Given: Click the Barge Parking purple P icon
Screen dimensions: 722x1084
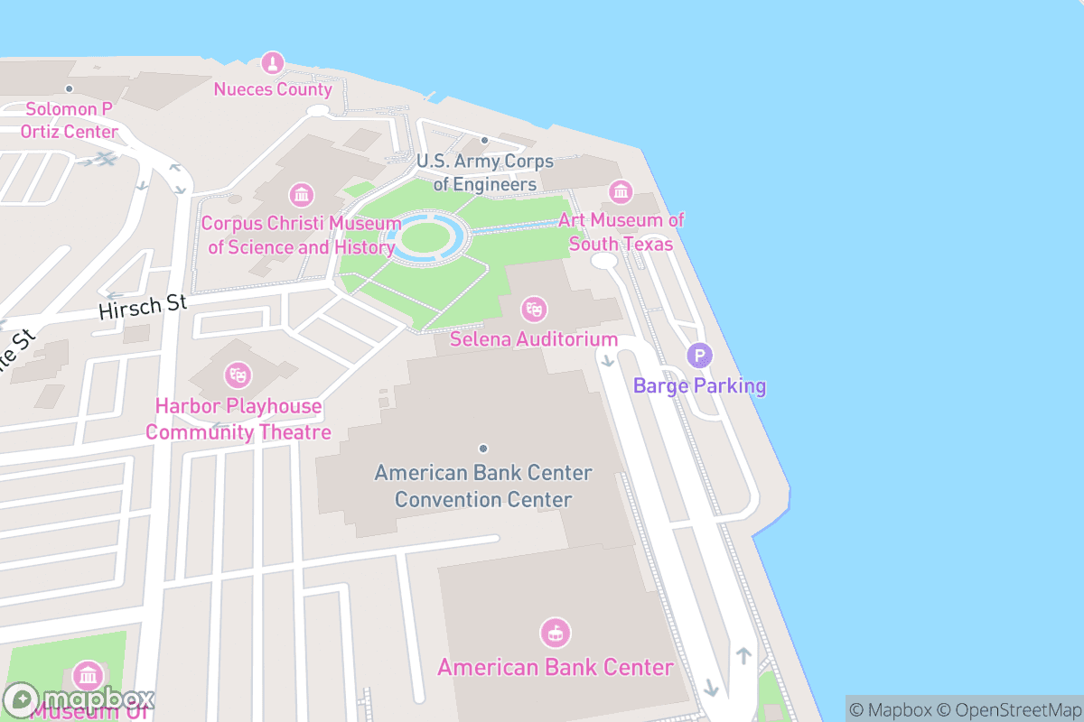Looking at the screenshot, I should pyautogui.click(x=699, y=356).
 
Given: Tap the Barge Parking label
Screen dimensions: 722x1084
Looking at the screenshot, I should pyautogui.click(x=699, y=386).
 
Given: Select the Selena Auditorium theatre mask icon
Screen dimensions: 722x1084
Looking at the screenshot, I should pyautogui.click(x=534, y=310).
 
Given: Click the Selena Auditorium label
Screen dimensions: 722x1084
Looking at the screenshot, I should pyautogui.click(x=534, y=340).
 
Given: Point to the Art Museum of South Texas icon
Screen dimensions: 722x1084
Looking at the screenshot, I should pyautogui.click(x=621, y=191).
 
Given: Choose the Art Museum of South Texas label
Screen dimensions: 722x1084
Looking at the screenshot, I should pyautogui.click(x=621, y=232).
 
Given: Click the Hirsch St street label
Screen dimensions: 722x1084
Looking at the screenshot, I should pyautogui.click(x=142, y=307).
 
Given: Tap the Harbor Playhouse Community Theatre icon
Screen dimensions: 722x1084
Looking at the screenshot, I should pyautogui.click(x=238, y=373).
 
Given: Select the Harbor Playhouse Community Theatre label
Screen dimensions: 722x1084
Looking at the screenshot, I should pyautogui.click(x=238, y=420).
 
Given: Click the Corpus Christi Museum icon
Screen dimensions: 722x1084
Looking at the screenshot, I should pyautogui.click(x=301, y=194).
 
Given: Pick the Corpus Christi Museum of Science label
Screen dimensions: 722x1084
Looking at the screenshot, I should pyautogui.click(x=301, y=235).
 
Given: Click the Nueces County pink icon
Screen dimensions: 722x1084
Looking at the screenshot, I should pyautogui.click(x=272, y=63).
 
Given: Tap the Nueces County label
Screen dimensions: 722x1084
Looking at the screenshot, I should pyautogui.click(x=273, y=89).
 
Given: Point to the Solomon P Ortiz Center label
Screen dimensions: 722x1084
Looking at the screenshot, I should pyautogui.click(x=70, y=121).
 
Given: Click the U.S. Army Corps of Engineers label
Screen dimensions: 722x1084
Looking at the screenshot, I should pyautogui.click(x=484, y=172).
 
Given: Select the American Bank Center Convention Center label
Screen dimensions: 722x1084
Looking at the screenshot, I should pyautogui.click(x=483, y=486).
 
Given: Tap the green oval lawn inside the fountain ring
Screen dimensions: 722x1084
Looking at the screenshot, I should pyautogui.click(x=425, y=238).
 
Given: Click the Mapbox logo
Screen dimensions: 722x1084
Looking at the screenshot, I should pyautogui.click(x=79, y=699).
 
